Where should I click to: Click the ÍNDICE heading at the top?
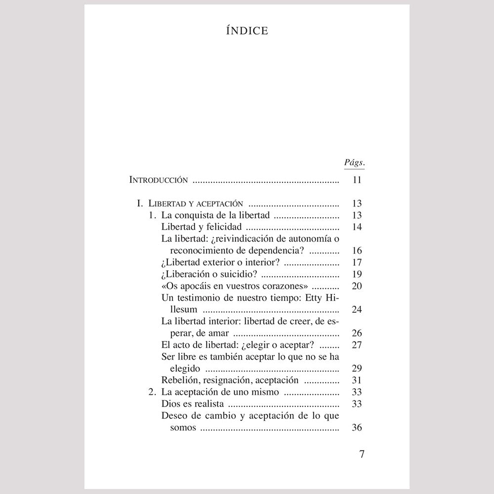click(247, 31)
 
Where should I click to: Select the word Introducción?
click(158, 180)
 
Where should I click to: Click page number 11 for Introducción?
click(357, 180)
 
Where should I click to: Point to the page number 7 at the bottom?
click(362, 454)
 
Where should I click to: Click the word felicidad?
click(225, 227)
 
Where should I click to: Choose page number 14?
click(357, 227)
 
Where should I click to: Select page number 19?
click(357, 274)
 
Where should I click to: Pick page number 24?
click(357, 310)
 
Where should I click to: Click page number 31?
click(357, 380)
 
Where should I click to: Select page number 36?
click(357, 427)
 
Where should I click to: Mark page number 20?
click(357, 286)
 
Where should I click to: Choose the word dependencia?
click(281, 250)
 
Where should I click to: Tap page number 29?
click(357, 368)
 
